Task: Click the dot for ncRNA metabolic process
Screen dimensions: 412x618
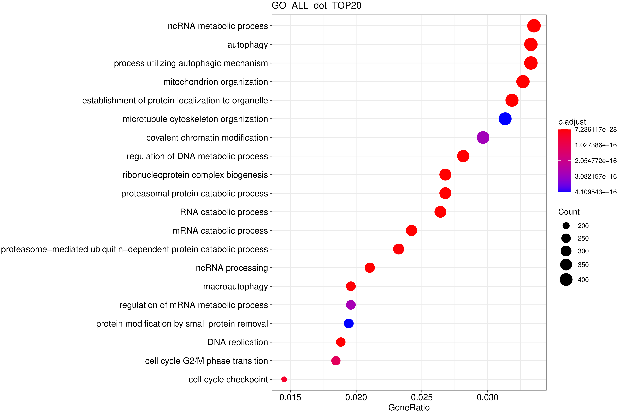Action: [x=534, y=26]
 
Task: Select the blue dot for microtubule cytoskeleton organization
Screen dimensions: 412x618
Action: [x=505, y=119]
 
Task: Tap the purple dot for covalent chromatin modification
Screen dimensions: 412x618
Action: [x=483, y=137]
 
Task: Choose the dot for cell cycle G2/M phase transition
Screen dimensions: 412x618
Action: [x=336, y=361]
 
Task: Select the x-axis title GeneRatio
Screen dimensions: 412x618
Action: [x=409, y=407]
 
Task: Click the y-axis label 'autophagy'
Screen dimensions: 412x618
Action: [x=247, y=45]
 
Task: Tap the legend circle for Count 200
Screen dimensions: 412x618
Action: [x=566, y=226]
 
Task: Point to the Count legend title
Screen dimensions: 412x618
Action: [x=569, y=212]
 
